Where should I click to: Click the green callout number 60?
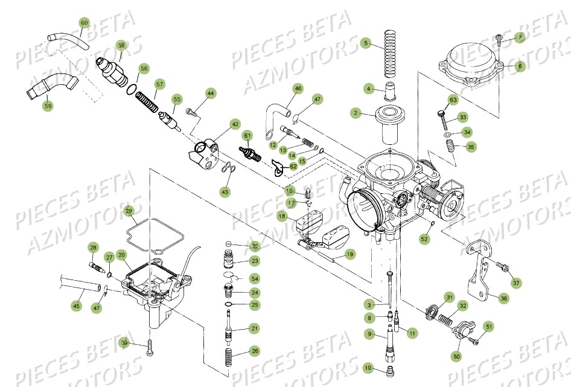(84, 23)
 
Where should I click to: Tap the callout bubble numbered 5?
(365, 43)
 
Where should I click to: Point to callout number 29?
(129, 211)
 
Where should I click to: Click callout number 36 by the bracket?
(505, 297)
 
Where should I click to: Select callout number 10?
(368, 368)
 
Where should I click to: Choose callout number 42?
(235, 124)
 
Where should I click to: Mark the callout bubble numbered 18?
(282, 216)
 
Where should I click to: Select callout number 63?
(453, 100)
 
